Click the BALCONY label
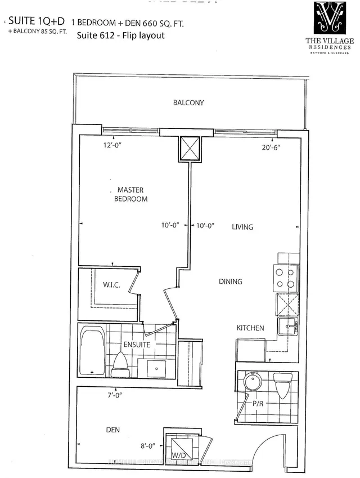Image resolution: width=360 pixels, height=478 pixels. (188, 103)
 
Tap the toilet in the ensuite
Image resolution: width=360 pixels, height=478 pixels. (121, 365)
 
